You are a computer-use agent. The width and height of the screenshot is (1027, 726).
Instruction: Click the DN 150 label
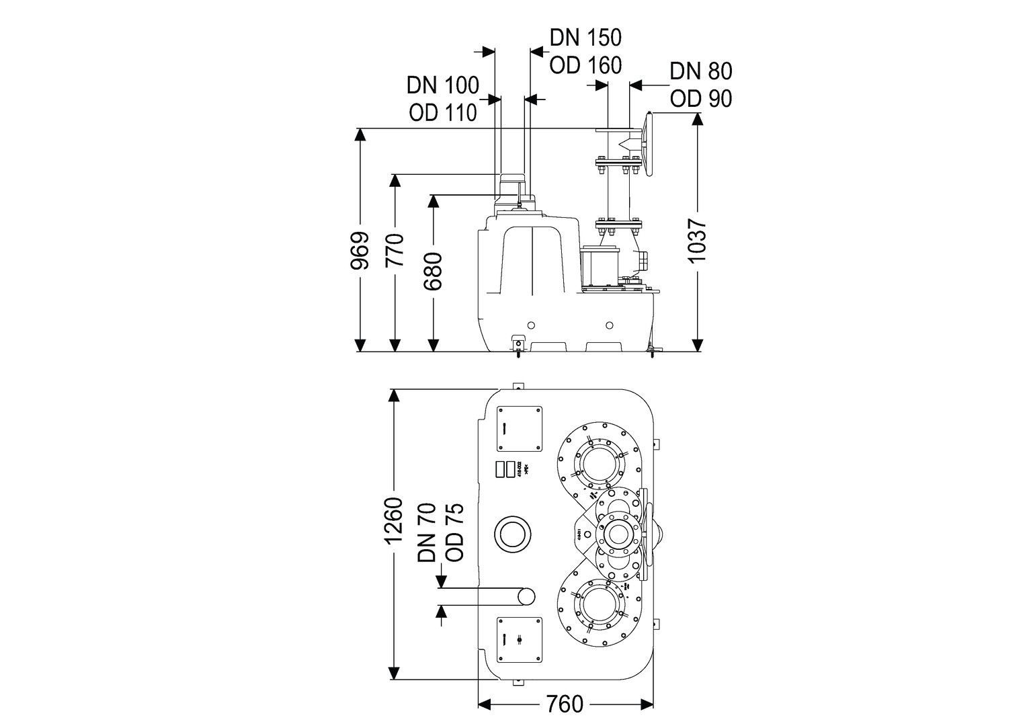[x=585, y=37]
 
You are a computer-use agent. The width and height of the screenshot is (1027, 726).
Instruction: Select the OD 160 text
[x=585, y=65]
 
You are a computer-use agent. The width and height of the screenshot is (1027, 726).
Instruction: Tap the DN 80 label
[x=700, y=71]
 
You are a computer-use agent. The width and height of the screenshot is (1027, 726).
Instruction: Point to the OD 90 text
[x=700, y=99]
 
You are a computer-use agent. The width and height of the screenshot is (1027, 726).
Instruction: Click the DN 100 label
[x=442, y=85]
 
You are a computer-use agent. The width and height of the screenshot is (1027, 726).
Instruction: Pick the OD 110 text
[x=442, y=112]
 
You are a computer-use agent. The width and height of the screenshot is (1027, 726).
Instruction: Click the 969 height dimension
[x=361, y=250]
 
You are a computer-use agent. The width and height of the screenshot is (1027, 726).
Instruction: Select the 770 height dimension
[x=395, y=250]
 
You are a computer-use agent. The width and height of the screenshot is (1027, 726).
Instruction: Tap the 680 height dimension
[x=434, y=271]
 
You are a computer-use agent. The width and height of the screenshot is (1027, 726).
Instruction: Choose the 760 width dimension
[x=565, y=704]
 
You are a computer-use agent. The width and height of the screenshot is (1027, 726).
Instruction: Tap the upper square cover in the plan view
[x=519, y=429]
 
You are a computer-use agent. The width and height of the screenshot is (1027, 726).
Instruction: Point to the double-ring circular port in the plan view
[x=513, y=534]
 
